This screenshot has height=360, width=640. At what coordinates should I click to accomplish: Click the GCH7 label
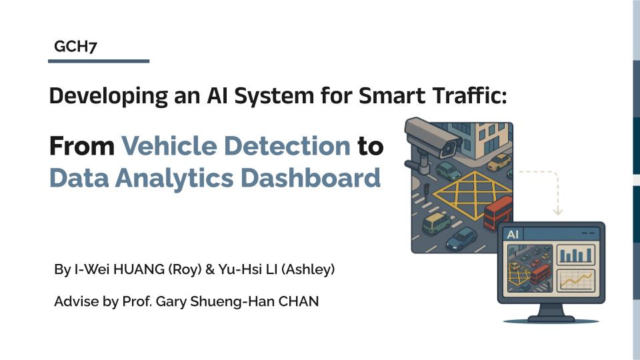pyautogui.click(x=76, y=47)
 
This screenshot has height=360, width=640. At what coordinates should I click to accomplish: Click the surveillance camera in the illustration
pyautogui.click(x=433, y=138)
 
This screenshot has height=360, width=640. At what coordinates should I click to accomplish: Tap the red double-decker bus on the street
pyautogui.click(x=498, y=213)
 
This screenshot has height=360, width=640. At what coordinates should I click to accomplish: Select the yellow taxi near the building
pyautogui.click(x=498, y=162)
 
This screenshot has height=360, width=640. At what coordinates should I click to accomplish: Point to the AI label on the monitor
pyautogui.click(x=513, y=235)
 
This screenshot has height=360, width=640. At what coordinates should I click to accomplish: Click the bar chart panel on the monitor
pyautogui.click(x=574, y=255)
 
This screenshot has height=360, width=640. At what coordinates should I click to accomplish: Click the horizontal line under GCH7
pyautogui.click(x=99, y=61)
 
